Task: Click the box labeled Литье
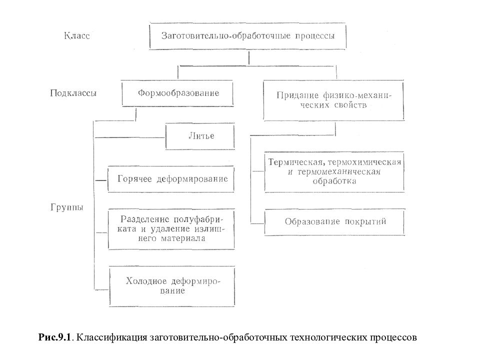click(200, 136)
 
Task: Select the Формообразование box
click(177, 93)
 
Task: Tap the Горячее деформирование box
click(171, 179)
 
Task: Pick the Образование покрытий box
click(334, 222)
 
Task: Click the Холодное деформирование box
click(172, 286)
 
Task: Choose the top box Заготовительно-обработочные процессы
click(247, 36)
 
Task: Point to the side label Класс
click(77, 36)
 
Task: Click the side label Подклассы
click(73, 93)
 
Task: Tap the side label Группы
click(66, 207)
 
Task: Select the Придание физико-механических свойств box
click(333, 100)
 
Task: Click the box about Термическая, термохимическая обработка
click(334, 172)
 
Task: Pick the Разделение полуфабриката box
click(171, 229)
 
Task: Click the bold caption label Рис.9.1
click(54, 337)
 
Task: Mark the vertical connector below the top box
click(249, 58)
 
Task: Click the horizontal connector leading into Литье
click(130, 138)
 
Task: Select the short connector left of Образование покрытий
click(257, 224)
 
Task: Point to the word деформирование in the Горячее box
click(192, 179)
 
